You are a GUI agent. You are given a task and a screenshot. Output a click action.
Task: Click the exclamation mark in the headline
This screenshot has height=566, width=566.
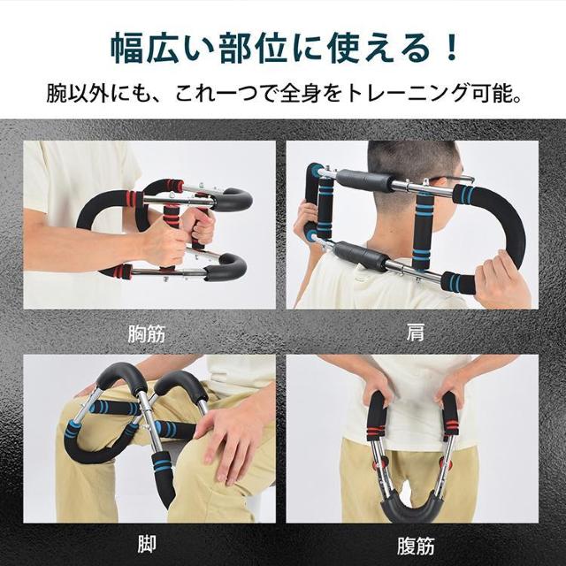451,46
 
